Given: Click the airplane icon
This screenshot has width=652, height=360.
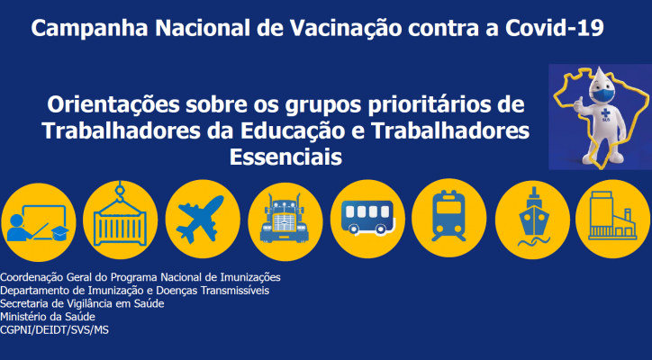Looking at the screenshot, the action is (x=200, y=219).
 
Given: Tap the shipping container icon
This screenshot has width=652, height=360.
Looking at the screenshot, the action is (x=120, y=223).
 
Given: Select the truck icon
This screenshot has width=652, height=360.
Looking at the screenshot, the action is (x=285, y=219).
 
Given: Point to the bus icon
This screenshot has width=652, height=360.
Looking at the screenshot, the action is (x=367, y=218).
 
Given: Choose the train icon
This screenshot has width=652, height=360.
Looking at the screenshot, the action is (x=448, y=216).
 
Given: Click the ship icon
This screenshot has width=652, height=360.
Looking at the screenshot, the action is (x=534, y=217).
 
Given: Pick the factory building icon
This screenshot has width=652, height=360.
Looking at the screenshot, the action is (x=612, y=216).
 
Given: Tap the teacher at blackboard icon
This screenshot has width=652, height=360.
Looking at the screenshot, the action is (x=38, y=223).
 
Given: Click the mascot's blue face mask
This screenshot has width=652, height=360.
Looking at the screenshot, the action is (x=603, y=94).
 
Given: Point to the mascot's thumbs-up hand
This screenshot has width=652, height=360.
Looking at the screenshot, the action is (x=578, y=104).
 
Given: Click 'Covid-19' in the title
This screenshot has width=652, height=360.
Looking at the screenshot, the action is (x=554, y=28).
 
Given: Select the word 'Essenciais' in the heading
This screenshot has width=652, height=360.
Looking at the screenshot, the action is (x=285, y=157).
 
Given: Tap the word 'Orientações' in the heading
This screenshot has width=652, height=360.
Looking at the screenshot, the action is (x=113, y=105).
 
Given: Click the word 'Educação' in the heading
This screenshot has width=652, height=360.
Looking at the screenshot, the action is (x=293, y=131).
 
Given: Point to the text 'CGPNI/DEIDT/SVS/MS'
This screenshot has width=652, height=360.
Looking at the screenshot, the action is (x=54, y=330).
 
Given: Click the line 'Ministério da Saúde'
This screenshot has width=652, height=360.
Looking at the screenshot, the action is (x=48, y=317).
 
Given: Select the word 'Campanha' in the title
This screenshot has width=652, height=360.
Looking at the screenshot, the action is (x=89, y=29).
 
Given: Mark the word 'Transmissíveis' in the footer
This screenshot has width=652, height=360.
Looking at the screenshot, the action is (x=235, y=290).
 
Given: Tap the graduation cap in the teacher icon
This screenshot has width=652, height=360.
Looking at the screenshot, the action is (x=59, y=233).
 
